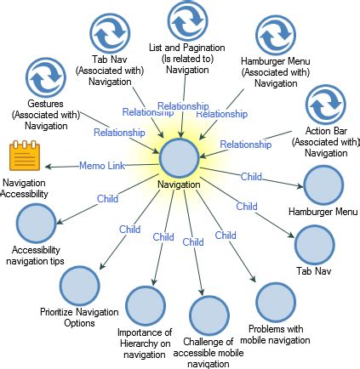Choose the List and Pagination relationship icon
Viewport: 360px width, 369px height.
click(187, 20)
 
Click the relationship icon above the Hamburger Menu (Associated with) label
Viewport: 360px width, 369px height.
click(275, 35)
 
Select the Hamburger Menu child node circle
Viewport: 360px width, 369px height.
click(323, 184)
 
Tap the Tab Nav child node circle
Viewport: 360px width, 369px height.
click(315, 245)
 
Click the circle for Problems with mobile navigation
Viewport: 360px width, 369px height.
click(274, 301)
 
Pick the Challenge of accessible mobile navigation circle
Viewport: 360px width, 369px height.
click(209, 315)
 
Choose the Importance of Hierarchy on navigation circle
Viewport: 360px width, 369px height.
click(146, 306)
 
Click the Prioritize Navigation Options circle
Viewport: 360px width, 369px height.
click(79, 286)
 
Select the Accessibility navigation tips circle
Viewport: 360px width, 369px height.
click(36, 223)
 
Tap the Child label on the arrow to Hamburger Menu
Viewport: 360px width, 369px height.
click(251, 177)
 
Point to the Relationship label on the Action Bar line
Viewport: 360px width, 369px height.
click(245, 145)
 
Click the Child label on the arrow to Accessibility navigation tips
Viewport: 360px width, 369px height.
click(107, 199)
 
